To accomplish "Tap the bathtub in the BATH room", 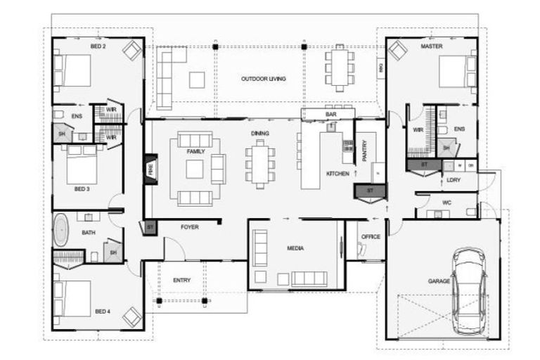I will point(62,231).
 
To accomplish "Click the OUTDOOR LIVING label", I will point(264,79).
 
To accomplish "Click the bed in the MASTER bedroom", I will point(455,71).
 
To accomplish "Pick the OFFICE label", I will point(371,237).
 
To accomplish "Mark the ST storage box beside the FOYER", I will point(150,227).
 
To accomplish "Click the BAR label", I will point(330,114).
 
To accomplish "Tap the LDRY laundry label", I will point(453,180).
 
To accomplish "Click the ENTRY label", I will point(181,281).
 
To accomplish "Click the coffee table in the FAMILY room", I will point(195,169).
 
